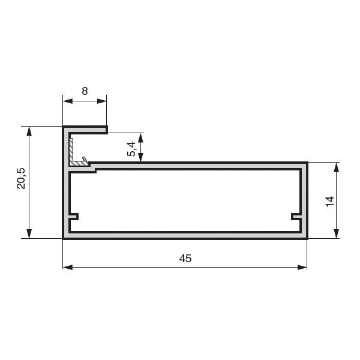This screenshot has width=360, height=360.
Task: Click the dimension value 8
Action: pos(85,91)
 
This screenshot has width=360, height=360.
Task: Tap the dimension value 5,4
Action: pos(131,149)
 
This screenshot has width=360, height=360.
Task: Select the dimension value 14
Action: pos(330,202)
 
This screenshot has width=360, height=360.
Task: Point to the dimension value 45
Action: pos(185,259)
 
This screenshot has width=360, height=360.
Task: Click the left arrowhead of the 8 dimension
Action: pos(68,101)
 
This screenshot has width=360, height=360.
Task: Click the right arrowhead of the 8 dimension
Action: pos(102,101)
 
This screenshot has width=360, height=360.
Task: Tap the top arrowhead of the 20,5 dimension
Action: pos(29,131)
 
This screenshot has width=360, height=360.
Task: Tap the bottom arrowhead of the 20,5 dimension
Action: pos(29,233)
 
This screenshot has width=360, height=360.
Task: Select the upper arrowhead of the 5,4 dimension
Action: pos(140,138)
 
